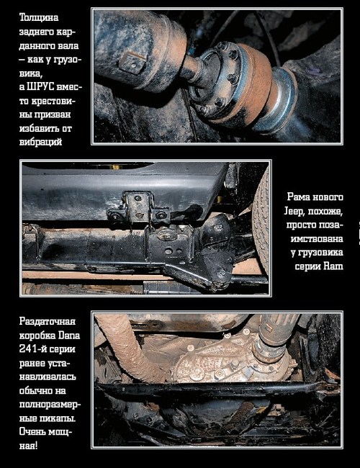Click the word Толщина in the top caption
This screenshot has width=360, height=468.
pyautogui.click(x=39, y=17)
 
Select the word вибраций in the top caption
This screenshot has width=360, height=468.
pyautogui.click(x=40, y=142)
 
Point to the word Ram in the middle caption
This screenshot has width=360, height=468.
pyautogui.click(x=333, y=266)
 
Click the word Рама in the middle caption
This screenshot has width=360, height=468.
pyautogui.click(x=299, y=197)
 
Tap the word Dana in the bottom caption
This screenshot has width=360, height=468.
pyautogui.click(x=69, y=336)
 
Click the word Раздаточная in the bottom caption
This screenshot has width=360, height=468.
pyautogui.click(x=48, y=321)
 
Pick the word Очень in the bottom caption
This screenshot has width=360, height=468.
pyautogui.click(x=34, y=431)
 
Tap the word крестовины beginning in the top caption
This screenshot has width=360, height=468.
pyautogui.click(x=48, y=101)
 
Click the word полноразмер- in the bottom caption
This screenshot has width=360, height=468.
pyautogui.click(x=50, y=405)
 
